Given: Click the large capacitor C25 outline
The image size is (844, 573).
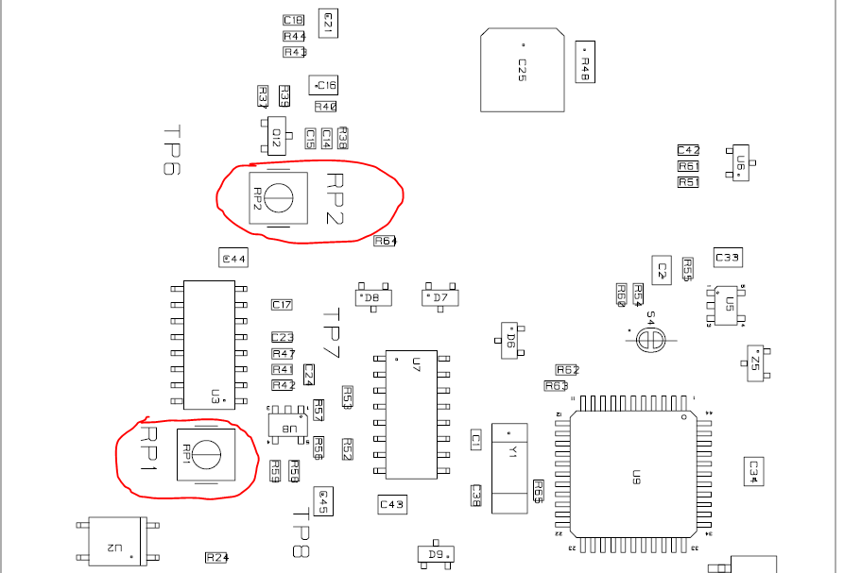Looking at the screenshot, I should [x=522, y=70].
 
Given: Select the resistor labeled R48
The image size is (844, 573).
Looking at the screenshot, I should [x=585, y=62].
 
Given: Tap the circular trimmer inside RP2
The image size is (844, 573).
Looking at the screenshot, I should [x=279, y=197].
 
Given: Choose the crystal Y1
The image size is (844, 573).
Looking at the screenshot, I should [x=510, y=468].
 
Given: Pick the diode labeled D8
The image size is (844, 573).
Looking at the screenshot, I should [x=372, y=297].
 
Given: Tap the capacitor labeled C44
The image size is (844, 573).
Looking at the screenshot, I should [x=233, y=259].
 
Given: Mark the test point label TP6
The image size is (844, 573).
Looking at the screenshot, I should [x=171, y=151].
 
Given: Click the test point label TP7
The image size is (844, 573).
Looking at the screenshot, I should [x=330, y=334].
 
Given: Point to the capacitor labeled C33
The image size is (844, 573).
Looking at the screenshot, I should [x=728, y=258].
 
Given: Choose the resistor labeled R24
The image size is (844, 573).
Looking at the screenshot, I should [x=217, y=557].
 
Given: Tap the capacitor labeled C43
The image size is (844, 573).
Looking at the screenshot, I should [x=392, y=505].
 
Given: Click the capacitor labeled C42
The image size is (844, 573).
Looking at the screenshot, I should [x=688, y=150].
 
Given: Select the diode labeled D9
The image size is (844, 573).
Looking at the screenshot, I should [x=436, y=554].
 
